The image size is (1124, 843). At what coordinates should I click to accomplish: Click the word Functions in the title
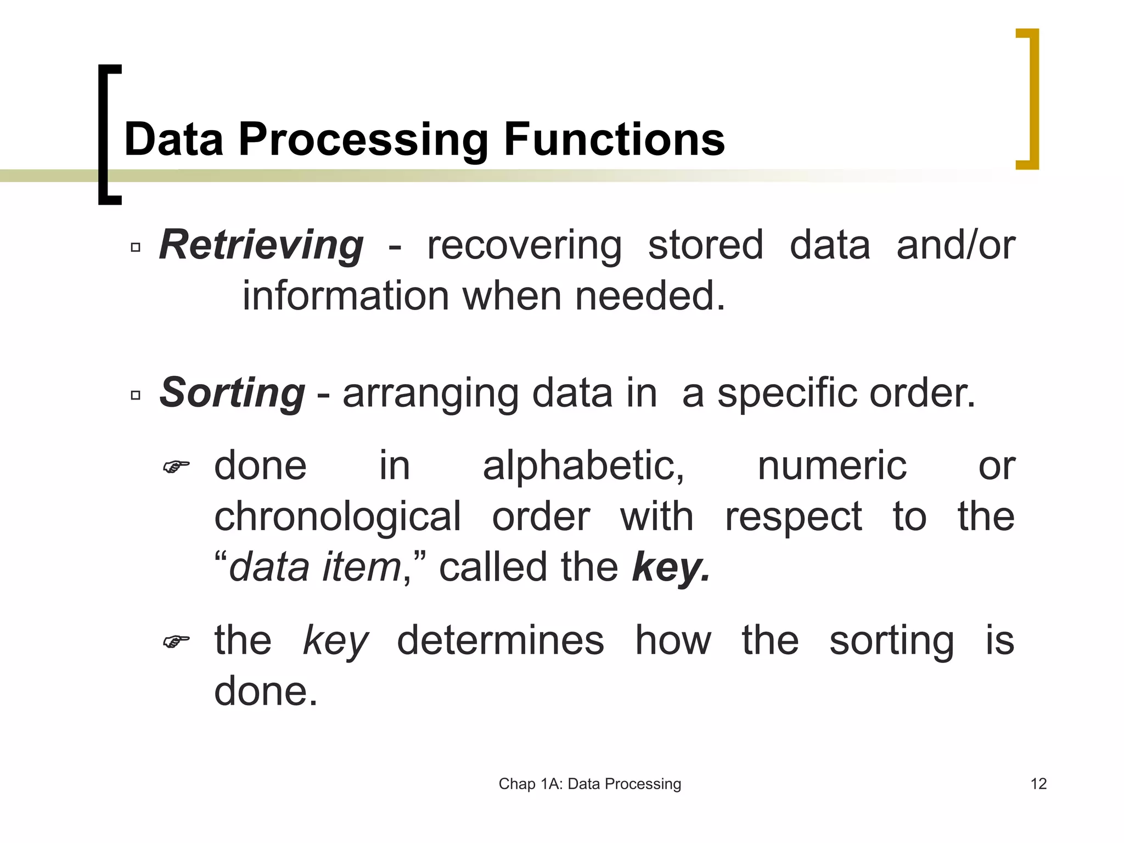[614, 139]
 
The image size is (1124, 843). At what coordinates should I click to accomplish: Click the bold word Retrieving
[261, 245]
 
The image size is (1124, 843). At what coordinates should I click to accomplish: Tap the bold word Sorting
[232, 393]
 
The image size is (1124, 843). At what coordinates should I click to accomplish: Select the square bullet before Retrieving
[136, 248]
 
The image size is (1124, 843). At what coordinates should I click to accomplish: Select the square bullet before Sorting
[136, 395]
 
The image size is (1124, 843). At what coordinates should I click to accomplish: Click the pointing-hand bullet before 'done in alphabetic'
[176, 467]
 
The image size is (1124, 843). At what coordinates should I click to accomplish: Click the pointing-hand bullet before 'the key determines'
[176, 641]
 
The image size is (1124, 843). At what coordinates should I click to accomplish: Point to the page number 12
[1038, 784]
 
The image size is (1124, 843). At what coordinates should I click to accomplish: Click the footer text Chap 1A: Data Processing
[589, 784]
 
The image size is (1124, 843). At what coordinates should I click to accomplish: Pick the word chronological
[338, 517]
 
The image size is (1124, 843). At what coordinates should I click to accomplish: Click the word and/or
[956, 245]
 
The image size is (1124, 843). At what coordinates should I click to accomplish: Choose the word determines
[500, 640]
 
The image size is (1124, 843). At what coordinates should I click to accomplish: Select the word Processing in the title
[363, 139]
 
